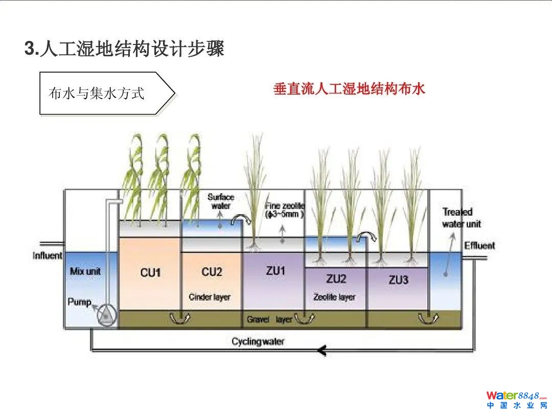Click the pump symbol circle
click(x=106, y=316)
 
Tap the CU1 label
click(x=150, y=273)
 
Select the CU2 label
click(x=212, y=272)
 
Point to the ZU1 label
click(x=275, y=271)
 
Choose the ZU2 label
click(x=336, y=279)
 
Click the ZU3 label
click(x=398, y=280)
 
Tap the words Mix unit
click(x=85, y=271)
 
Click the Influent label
click(x=48, y=256)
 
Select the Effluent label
click(x=479, y=246)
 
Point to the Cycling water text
click(x=258, y=341)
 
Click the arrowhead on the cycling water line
click(x=321, y=351)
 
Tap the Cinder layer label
click(x=210, y=297)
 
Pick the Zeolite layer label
click(x=334, y=297)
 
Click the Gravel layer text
click(x=269, y=319)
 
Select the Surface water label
click(x=221, y=201)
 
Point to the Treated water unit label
click(x=461, y=218)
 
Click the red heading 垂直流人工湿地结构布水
click(x=349, y=89)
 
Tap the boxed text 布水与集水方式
click(x=97, y=93)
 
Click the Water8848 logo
click(x=516, y=399)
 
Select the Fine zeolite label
click(x=285, y=210)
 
